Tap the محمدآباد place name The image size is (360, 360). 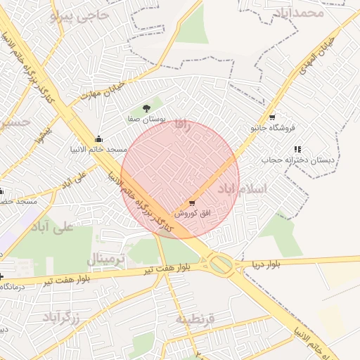[300, 12]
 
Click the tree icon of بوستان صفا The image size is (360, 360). [146, 108]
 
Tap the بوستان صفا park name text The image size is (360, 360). [146, 120]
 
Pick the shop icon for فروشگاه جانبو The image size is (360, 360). [272, 117]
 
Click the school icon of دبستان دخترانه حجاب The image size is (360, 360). [297, 149]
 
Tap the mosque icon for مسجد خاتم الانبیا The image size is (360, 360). [98, 138]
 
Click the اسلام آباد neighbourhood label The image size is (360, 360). [242, 188]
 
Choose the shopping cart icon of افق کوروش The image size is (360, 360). [192, 203]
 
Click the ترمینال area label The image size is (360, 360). [106, 260]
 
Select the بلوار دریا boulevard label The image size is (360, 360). [266, 264]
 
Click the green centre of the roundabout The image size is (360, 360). [221, 265]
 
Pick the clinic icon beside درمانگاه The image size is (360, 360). [2, 276]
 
